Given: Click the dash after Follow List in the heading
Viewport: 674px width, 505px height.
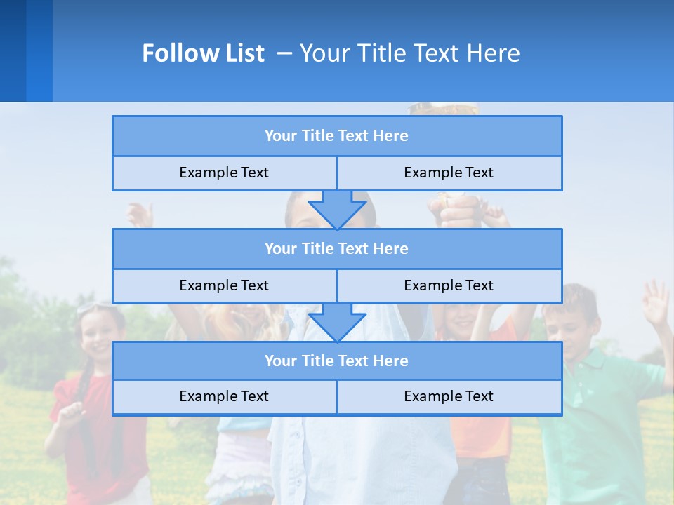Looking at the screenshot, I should tap(284, 53).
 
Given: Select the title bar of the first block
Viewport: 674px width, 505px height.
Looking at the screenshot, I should tap(336, 136).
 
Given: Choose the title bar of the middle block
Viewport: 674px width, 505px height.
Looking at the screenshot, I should tap(336, 248).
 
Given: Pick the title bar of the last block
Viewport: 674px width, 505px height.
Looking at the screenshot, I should tap(336, 361).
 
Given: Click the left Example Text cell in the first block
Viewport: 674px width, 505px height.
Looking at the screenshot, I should tap(224, 173).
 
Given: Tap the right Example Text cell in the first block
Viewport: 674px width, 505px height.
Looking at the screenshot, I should tap(449, 173).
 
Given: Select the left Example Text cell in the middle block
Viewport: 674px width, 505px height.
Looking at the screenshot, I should tap(224, 285).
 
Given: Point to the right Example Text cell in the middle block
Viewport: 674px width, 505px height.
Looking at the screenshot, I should tap(449, 285).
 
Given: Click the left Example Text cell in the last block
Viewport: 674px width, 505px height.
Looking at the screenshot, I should tap(224, 397).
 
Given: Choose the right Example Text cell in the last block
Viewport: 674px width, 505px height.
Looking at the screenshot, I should tap(449, 397).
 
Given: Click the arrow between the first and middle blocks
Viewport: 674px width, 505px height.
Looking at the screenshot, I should tap(337, 209).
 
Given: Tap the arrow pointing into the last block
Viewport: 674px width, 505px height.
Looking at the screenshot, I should tap(337, 322).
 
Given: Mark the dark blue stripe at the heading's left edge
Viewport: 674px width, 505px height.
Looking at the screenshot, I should tap(13, 50).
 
